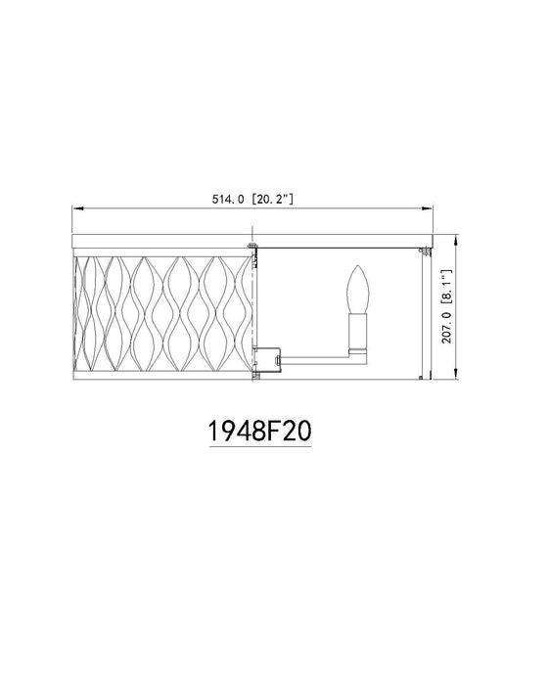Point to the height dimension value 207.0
click(445, 341)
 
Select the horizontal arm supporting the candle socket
click(313, 358)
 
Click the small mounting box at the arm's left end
click(266, 358)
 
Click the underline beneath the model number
click(260, 447)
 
